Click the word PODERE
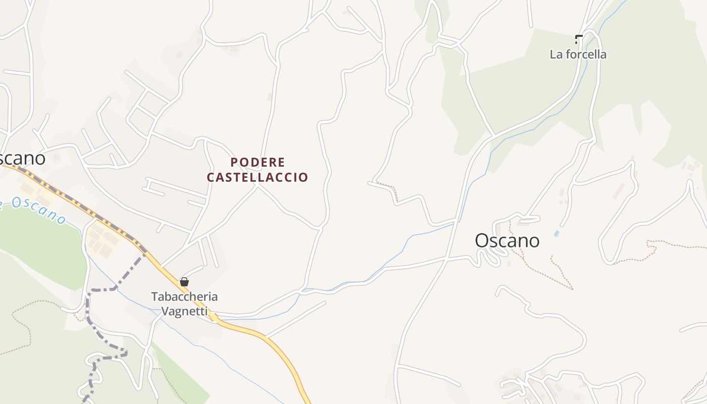click(258, 162)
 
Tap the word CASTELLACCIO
click(258, 177)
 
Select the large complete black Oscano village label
click(507, 240)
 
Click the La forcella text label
click(578, 54)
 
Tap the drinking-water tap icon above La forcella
click(578, 38)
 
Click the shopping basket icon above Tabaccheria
click(184, 282)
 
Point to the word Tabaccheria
click(184, 296)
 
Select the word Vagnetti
click(184, 311)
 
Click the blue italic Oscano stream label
click(35, 209)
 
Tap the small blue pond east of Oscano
click(557, 234)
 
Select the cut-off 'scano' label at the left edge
click(22, 158)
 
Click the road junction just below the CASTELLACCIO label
click(257, 185)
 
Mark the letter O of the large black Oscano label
click(482, 240)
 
